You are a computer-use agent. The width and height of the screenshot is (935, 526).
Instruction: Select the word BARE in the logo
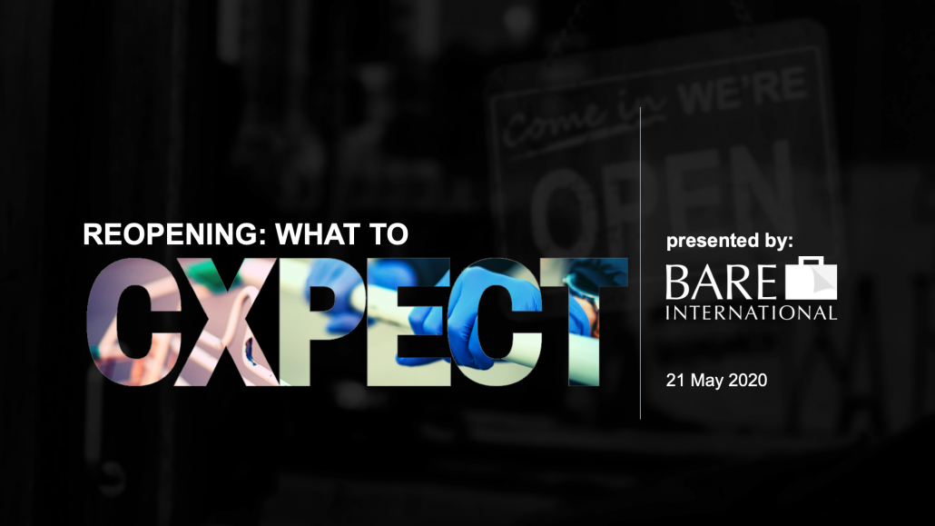coord(721,283)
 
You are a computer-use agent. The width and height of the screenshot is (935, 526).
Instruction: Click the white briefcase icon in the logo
coord(811,278)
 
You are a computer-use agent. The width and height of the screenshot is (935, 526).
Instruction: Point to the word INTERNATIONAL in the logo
coord(752,313)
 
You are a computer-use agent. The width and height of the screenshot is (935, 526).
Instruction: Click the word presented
coord(703,241)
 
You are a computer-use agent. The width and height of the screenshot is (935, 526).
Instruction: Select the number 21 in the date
coord(675,381)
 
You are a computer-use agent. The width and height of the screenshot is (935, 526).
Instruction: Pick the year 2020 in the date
coord(748,381)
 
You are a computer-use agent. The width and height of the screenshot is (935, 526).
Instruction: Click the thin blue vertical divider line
coord(640,263)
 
